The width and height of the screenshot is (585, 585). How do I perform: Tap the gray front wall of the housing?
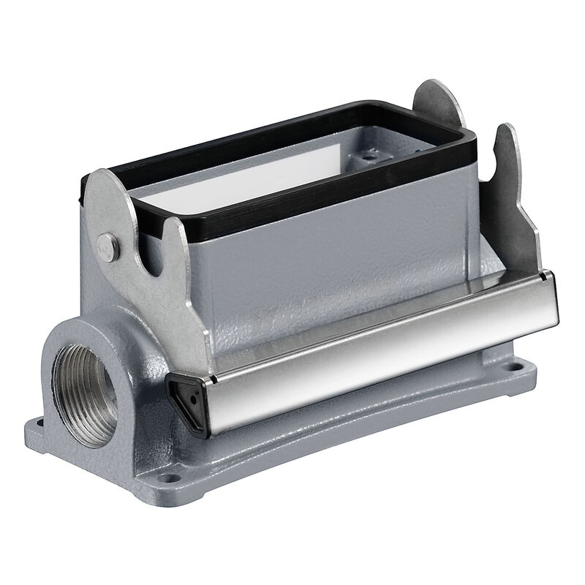pyautogui.click(x=329, y=278)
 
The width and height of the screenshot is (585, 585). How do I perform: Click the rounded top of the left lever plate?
pyautogui.click(x=110, y=183)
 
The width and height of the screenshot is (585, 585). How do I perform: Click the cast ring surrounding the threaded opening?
pyautogui.click(x=62, y=344)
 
